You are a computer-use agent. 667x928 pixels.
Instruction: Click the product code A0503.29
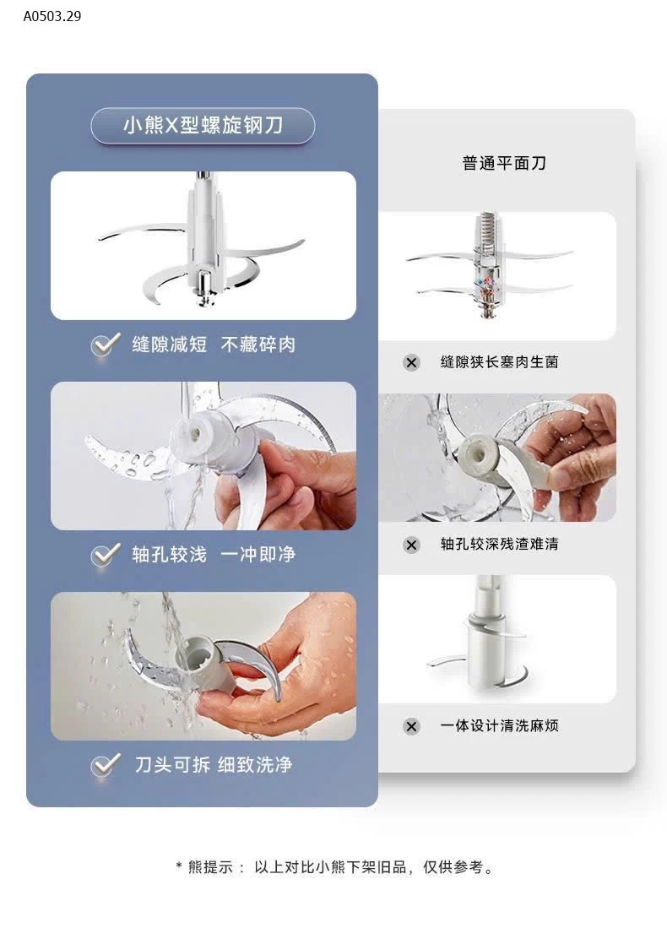52,16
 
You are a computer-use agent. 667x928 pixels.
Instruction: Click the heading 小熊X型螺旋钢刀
203,125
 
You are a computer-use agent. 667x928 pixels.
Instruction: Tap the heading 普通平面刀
504,163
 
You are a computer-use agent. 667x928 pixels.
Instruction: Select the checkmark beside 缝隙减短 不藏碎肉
106,345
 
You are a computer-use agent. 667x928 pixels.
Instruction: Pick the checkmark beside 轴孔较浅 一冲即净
106,555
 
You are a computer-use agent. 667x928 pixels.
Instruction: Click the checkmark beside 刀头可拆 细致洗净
106,765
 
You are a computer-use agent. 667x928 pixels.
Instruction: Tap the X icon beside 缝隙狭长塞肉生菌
411,363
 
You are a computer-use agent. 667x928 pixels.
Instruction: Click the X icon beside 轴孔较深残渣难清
411,545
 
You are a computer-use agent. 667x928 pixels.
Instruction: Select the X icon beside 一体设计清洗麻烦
411,726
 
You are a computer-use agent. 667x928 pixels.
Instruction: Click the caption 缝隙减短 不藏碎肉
214,345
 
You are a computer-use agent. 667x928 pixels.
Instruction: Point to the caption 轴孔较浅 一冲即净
214,555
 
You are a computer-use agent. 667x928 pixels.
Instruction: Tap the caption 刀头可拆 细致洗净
214,765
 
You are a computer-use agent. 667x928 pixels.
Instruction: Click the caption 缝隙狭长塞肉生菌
500,362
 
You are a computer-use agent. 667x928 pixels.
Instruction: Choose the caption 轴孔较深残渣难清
500,544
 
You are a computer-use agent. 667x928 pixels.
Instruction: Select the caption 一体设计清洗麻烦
500,725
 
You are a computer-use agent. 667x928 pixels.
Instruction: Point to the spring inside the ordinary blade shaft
488,228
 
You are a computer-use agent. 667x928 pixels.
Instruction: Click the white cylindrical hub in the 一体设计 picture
486,656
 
